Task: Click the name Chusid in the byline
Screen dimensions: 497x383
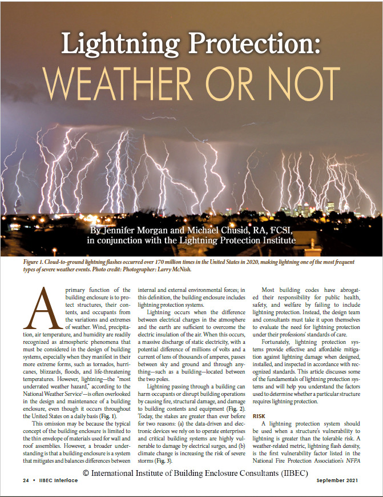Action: tap(240, 230)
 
